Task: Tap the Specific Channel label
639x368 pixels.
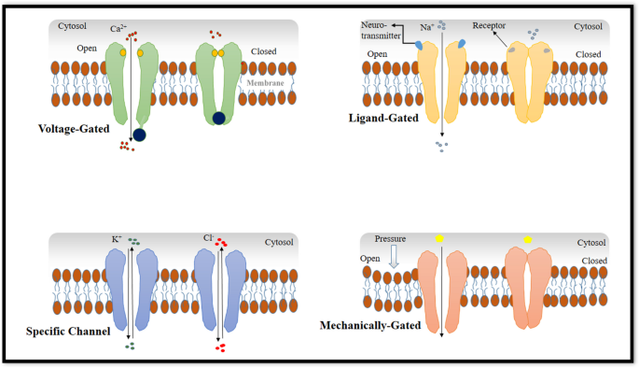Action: click(67, 332)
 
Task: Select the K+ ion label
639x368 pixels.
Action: click(117, 241)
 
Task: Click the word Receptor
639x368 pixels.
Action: click(490, 29)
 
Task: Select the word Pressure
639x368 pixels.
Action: click(391, 239)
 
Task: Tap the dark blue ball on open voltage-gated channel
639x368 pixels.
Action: click(139, 134)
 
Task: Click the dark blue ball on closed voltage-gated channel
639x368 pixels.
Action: click(218, 117)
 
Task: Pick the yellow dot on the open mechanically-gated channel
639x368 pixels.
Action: click(439, 240)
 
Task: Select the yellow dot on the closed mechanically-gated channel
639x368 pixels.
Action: click(528, 240)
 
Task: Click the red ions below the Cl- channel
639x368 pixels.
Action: click(220, 348)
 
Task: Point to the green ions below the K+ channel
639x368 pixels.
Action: click(131, 347)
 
